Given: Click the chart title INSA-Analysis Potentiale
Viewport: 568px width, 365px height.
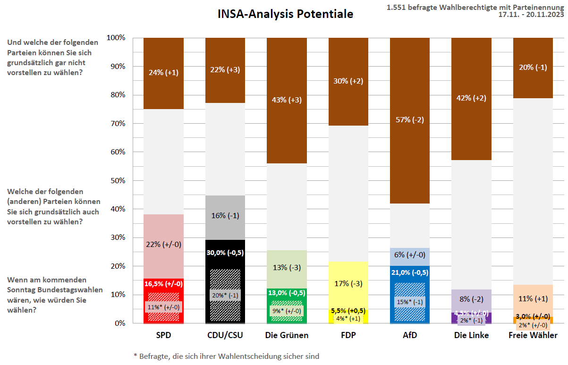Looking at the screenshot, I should click(285, 14).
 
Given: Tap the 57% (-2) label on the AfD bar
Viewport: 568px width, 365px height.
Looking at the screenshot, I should click(410, 119).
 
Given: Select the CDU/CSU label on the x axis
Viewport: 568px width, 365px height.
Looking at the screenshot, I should click(225, 336).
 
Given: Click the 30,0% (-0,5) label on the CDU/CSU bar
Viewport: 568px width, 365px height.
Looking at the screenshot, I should click(225, 253).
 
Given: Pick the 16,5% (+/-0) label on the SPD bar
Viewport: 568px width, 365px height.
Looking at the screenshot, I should click(163, 284).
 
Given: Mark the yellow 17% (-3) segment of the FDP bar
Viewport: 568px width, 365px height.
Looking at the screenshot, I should click(348, 284).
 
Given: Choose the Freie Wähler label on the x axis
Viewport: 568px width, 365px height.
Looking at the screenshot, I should click(533, 336).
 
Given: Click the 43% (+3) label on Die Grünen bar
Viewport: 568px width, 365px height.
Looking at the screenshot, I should click(287, 100).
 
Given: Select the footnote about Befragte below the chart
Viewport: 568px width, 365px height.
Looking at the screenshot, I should click(226, 356).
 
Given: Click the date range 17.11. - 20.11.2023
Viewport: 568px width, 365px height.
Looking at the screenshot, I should click(531, 15).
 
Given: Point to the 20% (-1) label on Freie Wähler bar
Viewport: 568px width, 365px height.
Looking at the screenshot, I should click(533, 67).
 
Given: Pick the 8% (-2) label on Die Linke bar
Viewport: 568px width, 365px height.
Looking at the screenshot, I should click(472, 298).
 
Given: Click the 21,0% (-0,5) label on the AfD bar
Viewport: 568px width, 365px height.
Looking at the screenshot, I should click(410, 272).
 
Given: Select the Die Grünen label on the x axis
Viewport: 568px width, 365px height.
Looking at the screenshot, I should click(287, 336).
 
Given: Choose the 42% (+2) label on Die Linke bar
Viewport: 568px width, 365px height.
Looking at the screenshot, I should click(472, 98).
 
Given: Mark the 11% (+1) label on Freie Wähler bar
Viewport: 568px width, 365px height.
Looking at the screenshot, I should click(533, 298).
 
